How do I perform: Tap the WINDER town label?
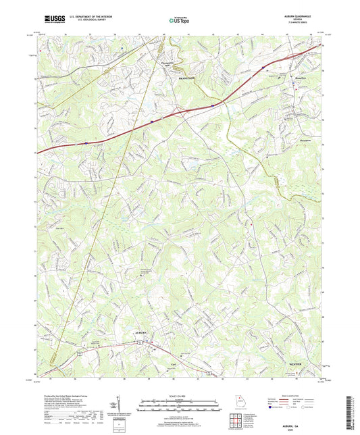(x=297, y=364)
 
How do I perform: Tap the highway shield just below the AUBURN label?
(x=139, y=342)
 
